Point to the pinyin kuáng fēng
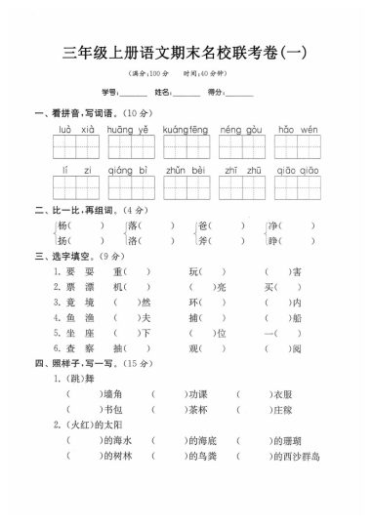[186, 128]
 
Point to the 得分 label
[218, 92]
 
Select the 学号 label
[110, 92]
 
